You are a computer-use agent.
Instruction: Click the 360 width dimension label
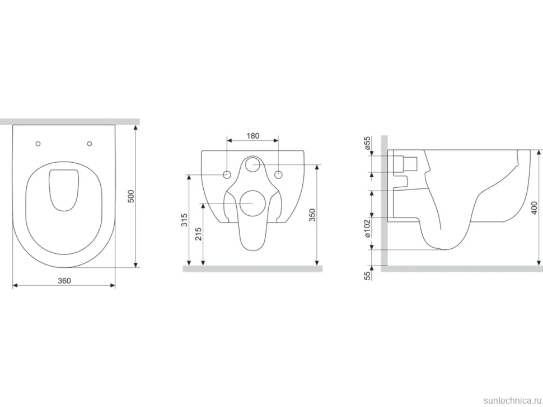pos(64,281)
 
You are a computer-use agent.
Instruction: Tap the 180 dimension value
pos(253,136)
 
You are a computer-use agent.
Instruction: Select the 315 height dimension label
pos(185,220)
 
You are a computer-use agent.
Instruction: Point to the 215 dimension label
pos(198,234)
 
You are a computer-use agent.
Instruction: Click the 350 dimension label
pos(312,215)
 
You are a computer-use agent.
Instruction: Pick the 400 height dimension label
pos(534,208)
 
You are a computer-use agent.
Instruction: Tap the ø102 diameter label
pos(367,228)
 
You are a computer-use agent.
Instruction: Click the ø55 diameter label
pos(367,143)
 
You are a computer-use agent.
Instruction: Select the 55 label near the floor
pos(367,275)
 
